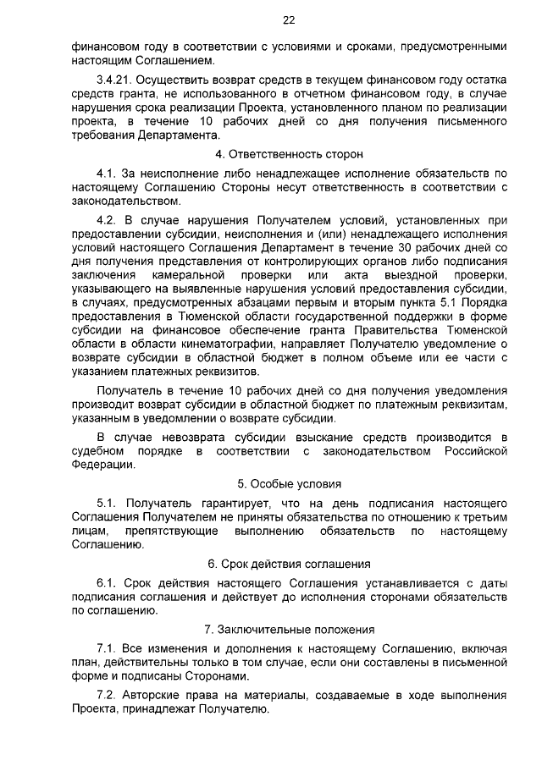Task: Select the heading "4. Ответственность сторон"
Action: click(x=289, y=155)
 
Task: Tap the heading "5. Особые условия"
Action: click(x=289, y=484)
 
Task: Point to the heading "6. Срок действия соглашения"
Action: click(x=289, y=563)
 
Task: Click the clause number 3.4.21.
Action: click(x=114, y=79)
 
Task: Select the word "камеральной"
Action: click(x=187, y=276)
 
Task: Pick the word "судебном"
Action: click(x=97, y=451)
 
